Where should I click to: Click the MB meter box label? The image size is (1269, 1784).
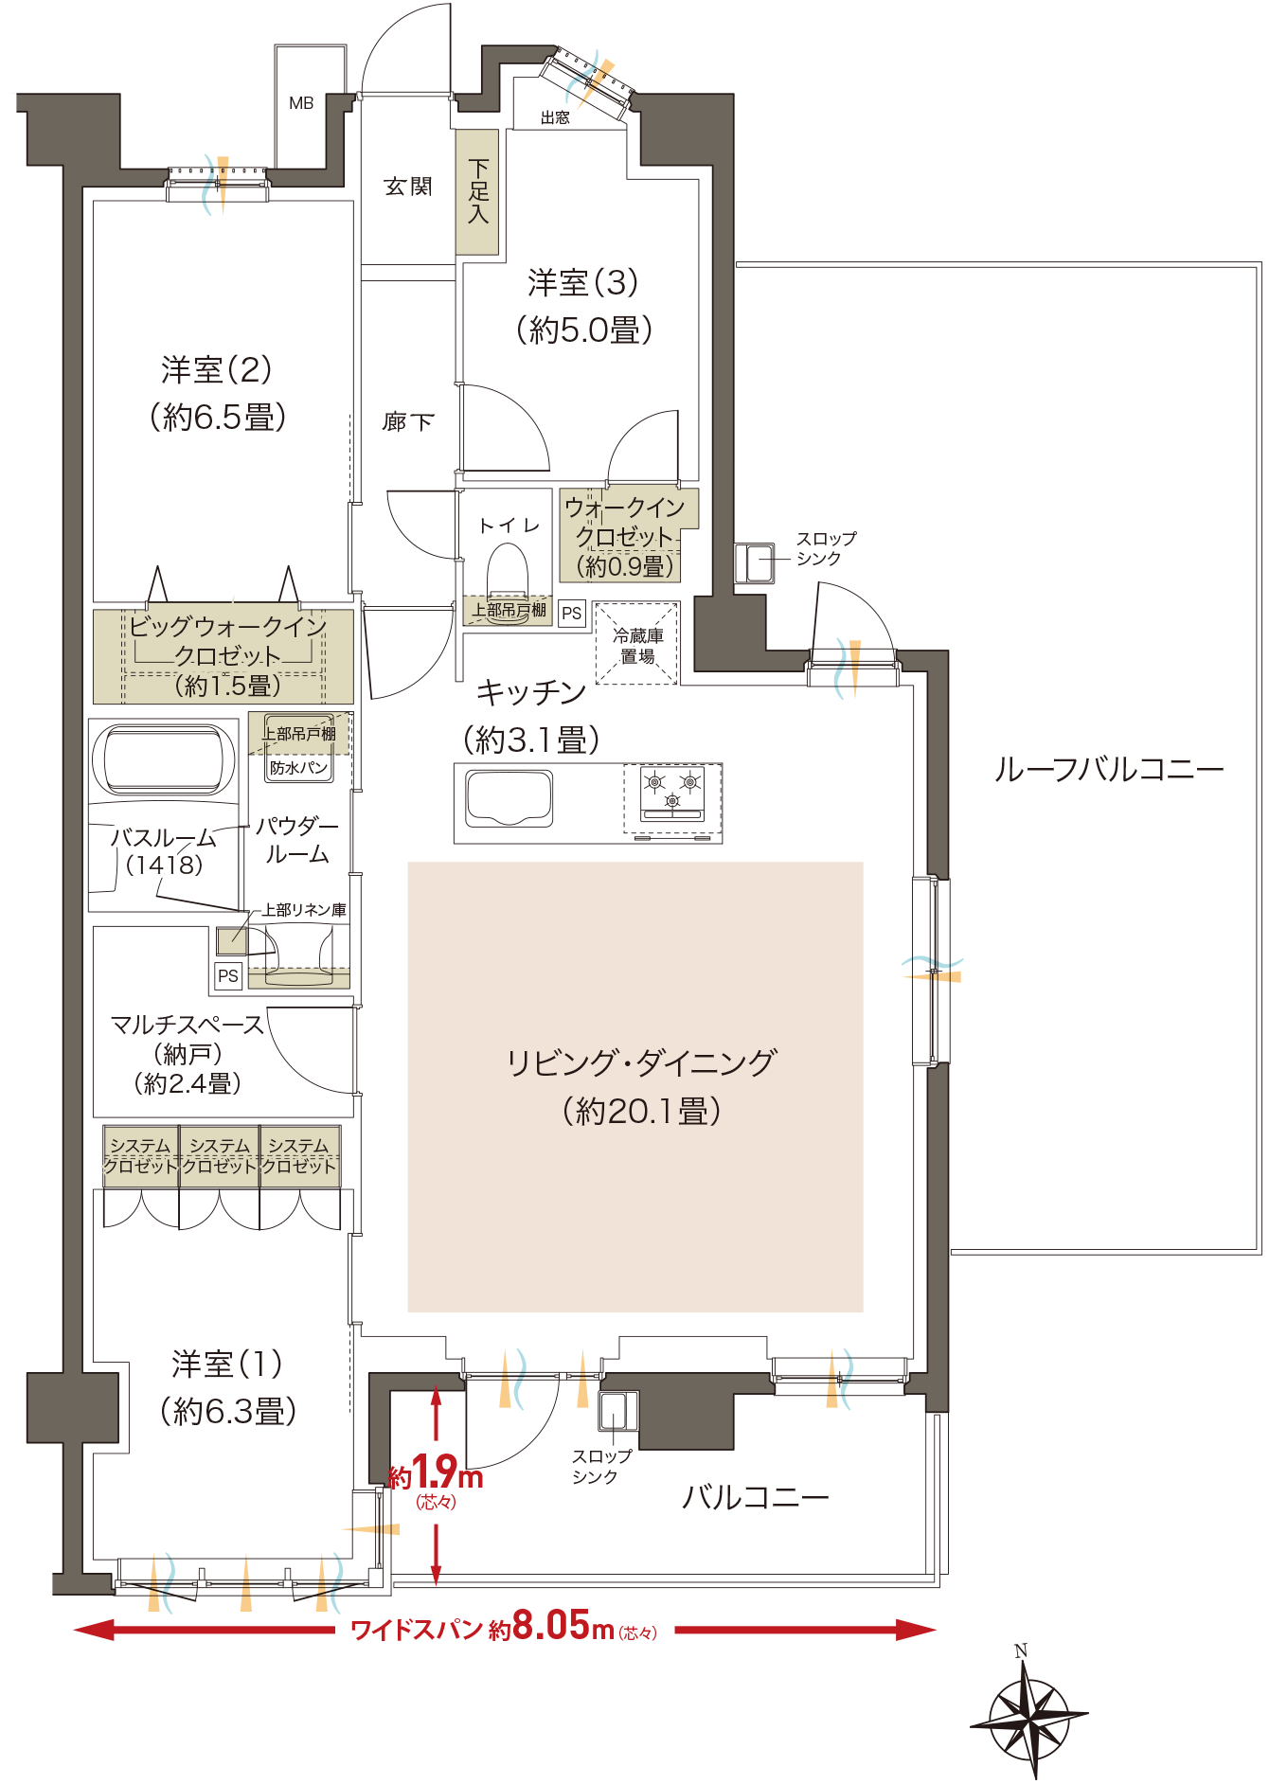pos(301,103)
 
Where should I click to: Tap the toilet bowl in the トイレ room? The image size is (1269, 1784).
pos(508,573)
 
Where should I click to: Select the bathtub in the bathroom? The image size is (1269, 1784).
pos(162,759)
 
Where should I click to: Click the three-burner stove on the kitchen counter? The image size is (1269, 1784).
pos(672,794)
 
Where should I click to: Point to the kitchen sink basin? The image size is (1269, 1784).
pos(509,798)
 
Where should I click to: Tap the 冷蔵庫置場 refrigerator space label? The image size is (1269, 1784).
pos(636,645)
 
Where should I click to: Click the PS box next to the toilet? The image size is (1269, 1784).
pos(571,613)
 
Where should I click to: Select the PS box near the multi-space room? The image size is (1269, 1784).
pos(228,975)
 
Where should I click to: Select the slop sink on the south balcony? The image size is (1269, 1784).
pos(617,1411)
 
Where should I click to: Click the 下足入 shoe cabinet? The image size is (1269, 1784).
pos(477,192)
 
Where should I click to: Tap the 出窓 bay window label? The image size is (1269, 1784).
pos(555,117)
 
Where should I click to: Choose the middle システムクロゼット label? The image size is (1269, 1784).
pos(220,1156)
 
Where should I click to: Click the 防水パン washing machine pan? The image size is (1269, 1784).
pos(298,767)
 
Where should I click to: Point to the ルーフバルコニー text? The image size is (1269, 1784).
pos(1108,769)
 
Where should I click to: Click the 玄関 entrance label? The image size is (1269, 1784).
pos(408,187)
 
